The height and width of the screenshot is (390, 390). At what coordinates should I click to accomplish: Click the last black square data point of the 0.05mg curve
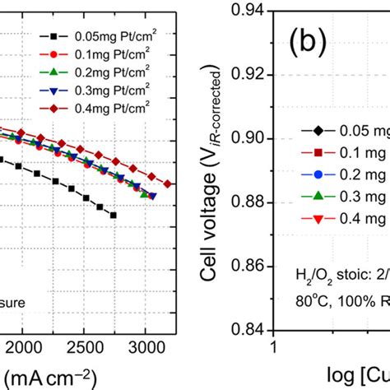[113, 215]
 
